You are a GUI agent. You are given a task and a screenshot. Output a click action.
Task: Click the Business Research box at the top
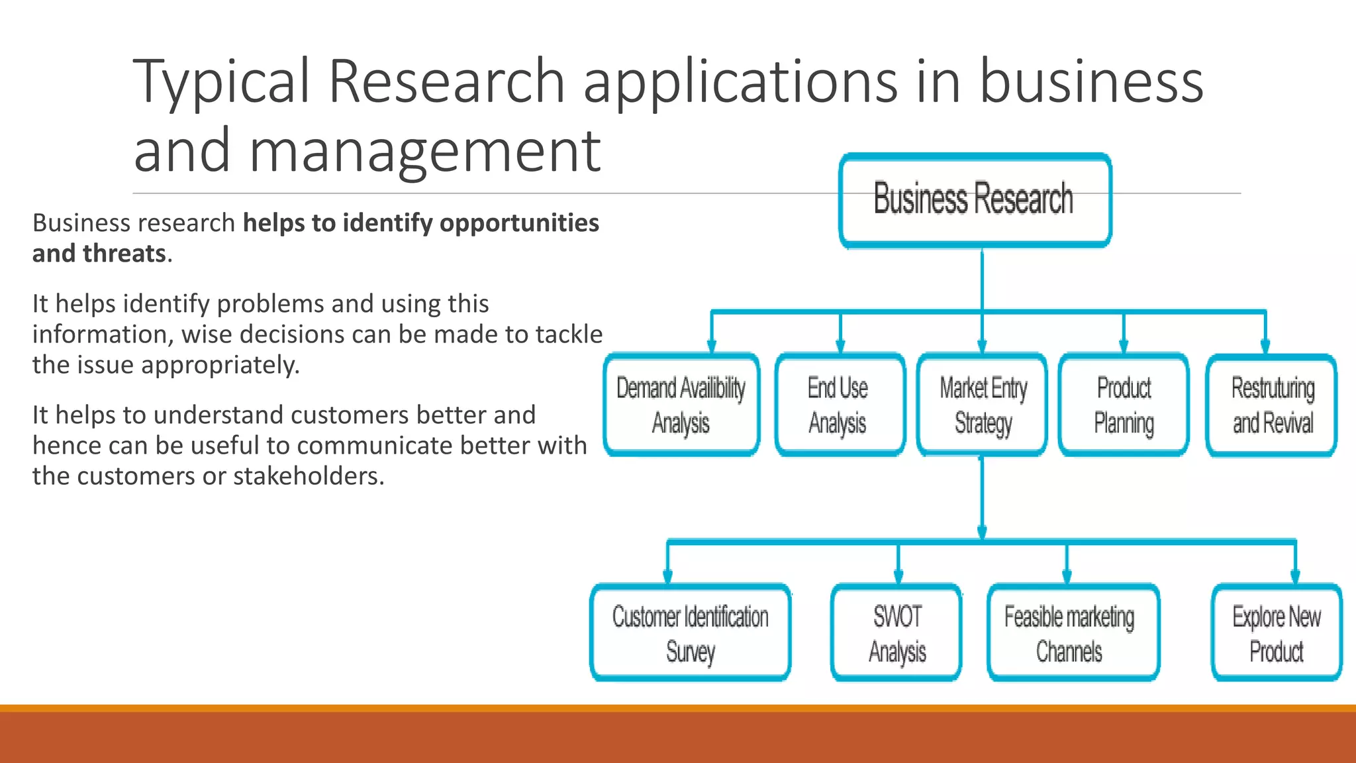point(975,200)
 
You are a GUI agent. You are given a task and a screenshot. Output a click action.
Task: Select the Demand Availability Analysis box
point(681,405)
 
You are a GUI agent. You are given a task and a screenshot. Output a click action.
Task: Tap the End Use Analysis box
point(839,405)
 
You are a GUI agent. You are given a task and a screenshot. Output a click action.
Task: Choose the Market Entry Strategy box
point(983,405)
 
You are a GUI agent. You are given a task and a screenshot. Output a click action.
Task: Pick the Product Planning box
point(1124,405)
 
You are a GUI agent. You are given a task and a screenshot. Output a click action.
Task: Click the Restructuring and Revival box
point(1271,405)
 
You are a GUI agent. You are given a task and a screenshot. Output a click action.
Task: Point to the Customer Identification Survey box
point(690,633)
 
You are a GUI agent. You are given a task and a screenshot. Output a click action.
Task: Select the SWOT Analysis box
point(897,633)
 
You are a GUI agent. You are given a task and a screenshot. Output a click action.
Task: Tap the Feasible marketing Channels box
point(1070,633)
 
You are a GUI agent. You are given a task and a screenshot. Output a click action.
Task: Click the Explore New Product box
point(1276,633)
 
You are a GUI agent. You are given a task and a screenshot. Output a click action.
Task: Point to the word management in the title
point(424,151)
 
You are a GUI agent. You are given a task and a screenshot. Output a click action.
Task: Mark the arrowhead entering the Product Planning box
point(1124,346)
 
